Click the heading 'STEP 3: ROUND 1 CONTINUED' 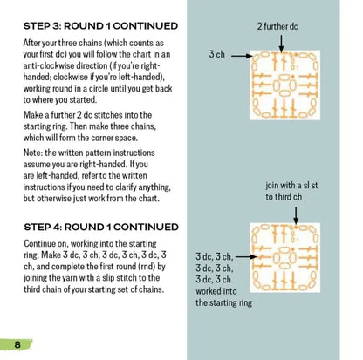pos(100,26)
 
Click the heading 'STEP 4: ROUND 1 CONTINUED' pos(101,227)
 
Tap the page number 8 pos(17,344)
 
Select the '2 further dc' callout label pos(277,26)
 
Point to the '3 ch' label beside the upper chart pos(217,54)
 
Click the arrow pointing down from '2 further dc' pos(281,44)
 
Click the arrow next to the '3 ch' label pos(242,55)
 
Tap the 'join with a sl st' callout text pos(291,186)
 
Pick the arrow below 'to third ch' pos(296,215)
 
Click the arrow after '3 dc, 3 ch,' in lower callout pos(246,257)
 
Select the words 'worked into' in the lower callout pos(216,291)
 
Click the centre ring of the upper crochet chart pos(285,85)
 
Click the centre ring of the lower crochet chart pos(285,258)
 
